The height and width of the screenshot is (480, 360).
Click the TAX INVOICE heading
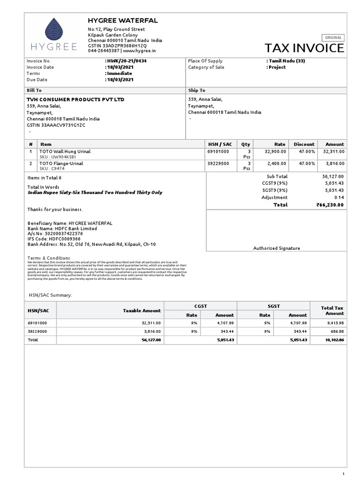304,48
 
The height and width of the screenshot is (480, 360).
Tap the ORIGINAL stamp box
333,37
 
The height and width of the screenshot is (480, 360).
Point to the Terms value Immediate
120,73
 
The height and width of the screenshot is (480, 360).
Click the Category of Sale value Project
277,67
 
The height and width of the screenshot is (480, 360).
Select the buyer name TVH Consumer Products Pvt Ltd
75,99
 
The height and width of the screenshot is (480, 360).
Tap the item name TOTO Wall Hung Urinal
65,151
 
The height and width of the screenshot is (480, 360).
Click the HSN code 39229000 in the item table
218,163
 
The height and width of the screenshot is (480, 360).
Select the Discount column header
304,144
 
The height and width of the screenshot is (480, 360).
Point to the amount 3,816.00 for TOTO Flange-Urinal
335,163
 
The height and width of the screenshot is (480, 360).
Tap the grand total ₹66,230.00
330,205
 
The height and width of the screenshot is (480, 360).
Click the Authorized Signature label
277,248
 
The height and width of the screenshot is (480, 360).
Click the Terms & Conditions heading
49,258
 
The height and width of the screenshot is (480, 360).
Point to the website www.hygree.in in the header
140,51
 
